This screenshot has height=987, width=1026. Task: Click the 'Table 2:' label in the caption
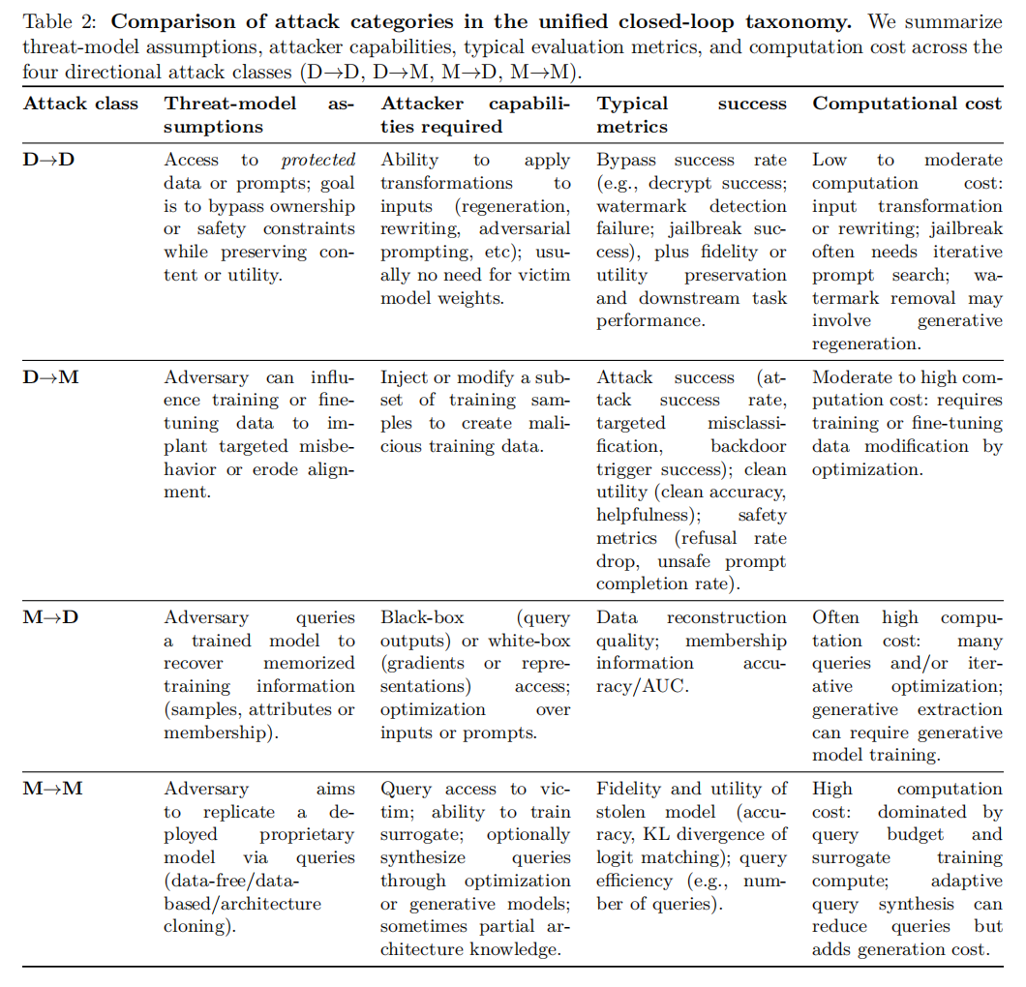tap(54, 20)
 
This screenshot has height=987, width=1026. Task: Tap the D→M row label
tap(50, 377)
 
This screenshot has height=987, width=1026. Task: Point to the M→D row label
tap(50, 617)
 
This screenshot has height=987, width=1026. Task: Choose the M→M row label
tap(52, 789)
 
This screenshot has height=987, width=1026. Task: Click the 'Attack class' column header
tap(80, 104)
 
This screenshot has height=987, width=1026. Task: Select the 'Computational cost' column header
tap(907, 104)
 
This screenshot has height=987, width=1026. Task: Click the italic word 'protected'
tap(318, 160)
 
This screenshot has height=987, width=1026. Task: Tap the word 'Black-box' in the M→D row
tap(421, 617)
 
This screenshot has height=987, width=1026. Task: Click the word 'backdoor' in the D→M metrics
tap(748, 446)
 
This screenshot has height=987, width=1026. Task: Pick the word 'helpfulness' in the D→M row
tap(640, 515)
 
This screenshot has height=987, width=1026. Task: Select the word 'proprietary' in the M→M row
tap(307, 834)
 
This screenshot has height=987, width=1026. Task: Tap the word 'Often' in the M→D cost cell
tap(835, 617)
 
